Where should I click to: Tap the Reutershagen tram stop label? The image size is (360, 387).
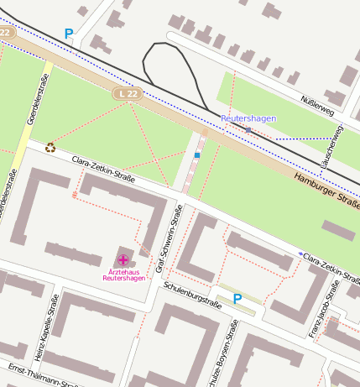point(248,118)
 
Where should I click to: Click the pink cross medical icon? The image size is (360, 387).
point(123,260)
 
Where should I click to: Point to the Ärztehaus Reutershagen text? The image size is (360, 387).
point(123,275)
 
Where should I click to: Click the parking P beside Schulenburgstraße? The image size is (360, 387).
point(237,298)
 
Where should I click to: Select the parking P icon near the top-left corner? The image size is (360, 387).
point(69,34)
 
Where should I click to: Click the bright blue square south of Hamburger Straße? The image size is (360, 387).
point(197,155)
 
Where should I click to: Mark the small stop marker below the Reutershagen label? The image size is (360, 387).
point(248,130)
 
